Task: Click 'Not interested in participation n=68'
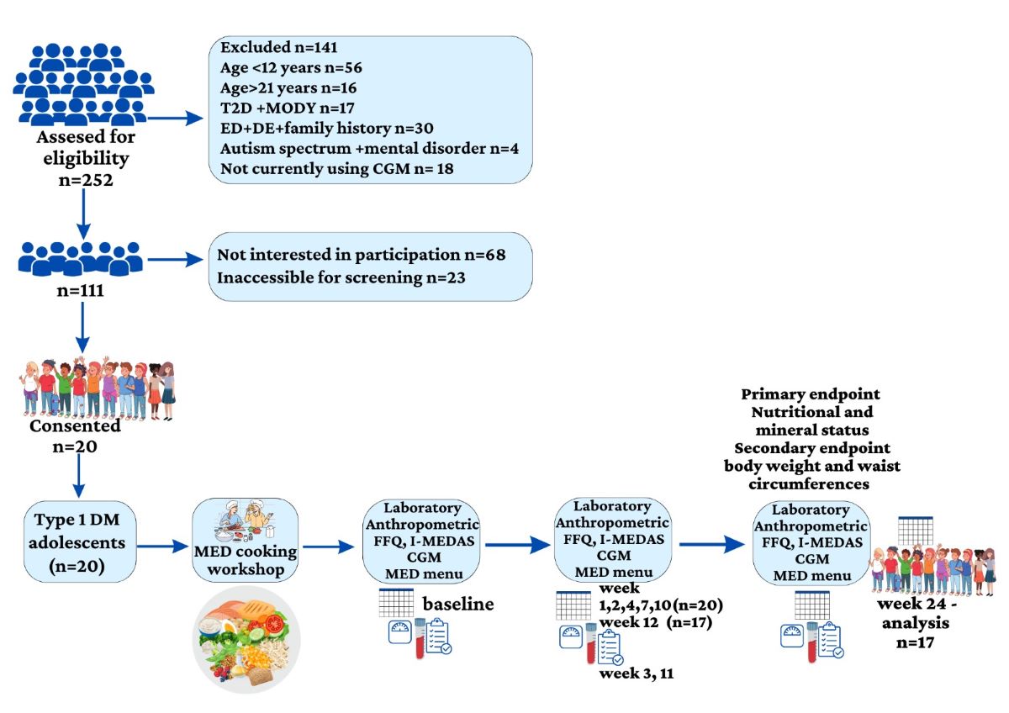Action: click(362, 253)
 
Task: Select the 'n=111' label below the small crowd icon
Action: click(82, 293)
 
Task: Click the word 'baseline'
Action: click(457, 604)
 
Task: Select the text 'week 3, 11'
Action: click(637, 673)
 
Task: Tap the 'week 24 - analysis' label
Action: click(919, 615)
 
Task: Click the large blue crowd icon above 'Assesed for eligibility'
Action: click(82, 82)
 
